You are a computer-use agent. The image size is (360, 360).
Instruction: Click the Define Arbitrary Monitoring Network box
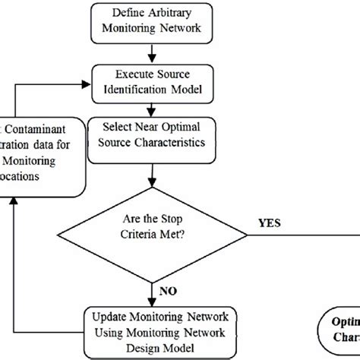click(x=154, y=21)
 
